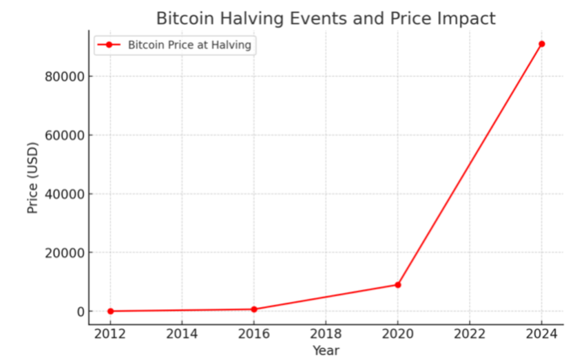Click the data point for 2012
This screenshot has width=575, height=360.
pos(110,311)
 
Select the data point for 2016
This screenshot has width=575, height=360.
pos(254,309)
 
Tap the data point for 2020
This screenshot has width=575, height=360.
pos(398,285)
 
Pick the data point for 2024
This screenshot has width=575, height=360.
pos(541,44)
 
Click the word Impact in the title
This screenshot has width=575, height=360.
pos(468,19)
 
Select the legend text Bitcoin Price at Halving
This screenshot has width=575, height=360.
pos(189,45)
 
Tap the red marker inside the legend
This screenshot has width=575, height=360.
pos(109,45)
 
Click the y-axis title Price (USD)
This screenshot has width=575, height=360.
pos(33,179)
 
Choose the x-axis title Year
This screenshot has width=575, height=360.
pos(326,351)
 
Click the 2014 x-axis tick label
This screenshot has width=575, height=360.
pos(182,335)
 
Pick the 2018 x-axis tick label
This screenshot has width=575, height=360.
pos(326,335)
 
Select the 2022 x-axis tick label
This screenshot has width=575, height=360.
pos(469,335)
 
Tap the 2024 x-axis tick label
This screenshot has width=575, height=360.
pos(541,335)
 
